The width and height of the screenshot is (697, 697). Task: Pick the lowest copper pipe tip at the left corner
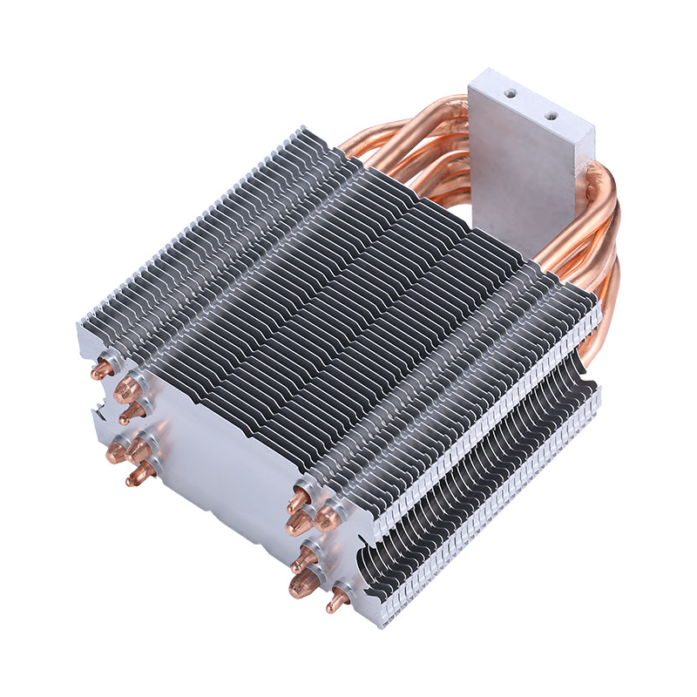[x=137, y=475]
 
